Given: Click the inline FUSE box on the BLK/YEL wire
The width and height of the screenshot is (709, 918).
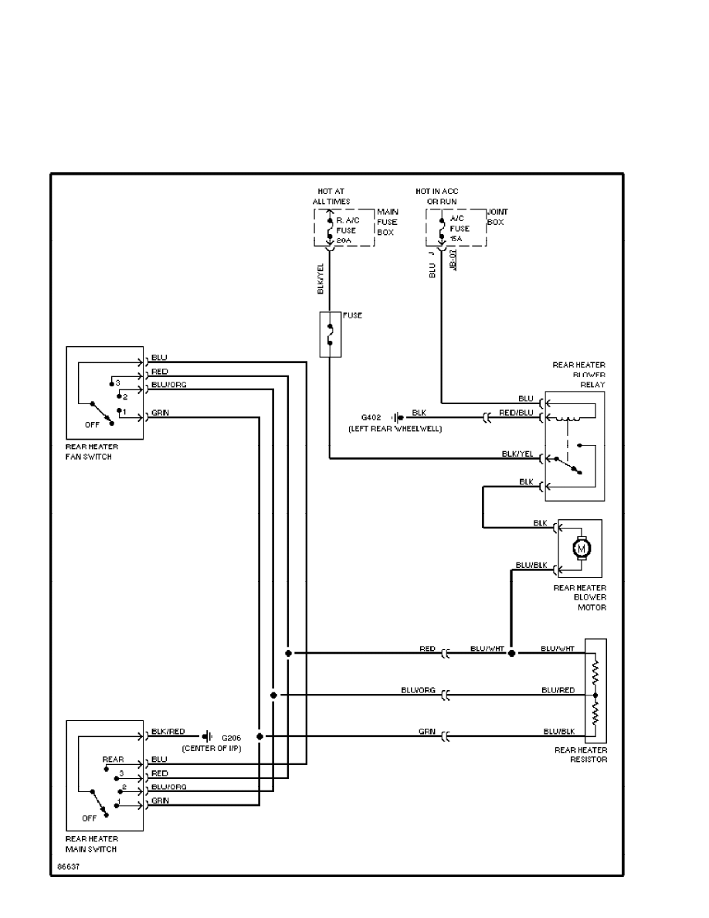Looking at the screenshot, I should (x=330, y=333).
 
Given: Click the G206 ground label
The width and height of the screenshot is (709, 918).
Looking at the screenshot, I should (x=231, y=737).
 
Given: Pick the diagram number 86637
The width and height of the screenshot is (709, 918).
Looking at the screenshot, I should (x=68, y=866).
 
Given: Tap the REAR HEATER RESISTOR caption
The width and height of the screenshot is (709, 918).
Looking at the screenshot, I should (x=581, y=754).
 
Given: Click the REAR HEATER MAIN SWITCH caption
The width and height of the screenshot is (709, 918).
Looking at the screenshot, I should (x=93, y=844).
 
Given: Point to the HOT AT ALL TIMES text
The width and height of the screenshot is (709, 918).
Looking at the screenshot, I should (x=331, y=195).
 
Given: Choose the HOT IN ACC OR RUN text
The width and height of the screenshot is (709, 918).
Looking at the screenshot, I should (x=436, y=195).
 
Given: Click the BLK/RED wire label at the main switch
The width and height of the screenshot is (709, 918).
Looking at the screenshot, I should (x=168, y=731).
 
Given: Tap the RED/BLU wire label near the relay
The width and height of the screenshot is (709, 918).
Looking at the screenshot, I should (x=516, y=413).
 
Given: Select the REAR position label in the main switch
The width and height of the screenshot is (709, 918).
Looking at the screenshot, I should (x=113, y=760).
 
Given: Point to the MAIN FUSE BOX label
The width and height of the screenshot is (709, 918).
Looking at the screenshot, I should (x=386, y=220).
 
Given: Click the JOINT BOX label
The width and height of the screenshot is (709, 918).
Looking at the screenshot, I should (x=497, y=216).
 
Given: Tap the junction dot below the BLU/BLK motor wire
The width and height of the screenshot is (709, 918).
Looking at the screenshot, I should (x=511, y=653).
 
